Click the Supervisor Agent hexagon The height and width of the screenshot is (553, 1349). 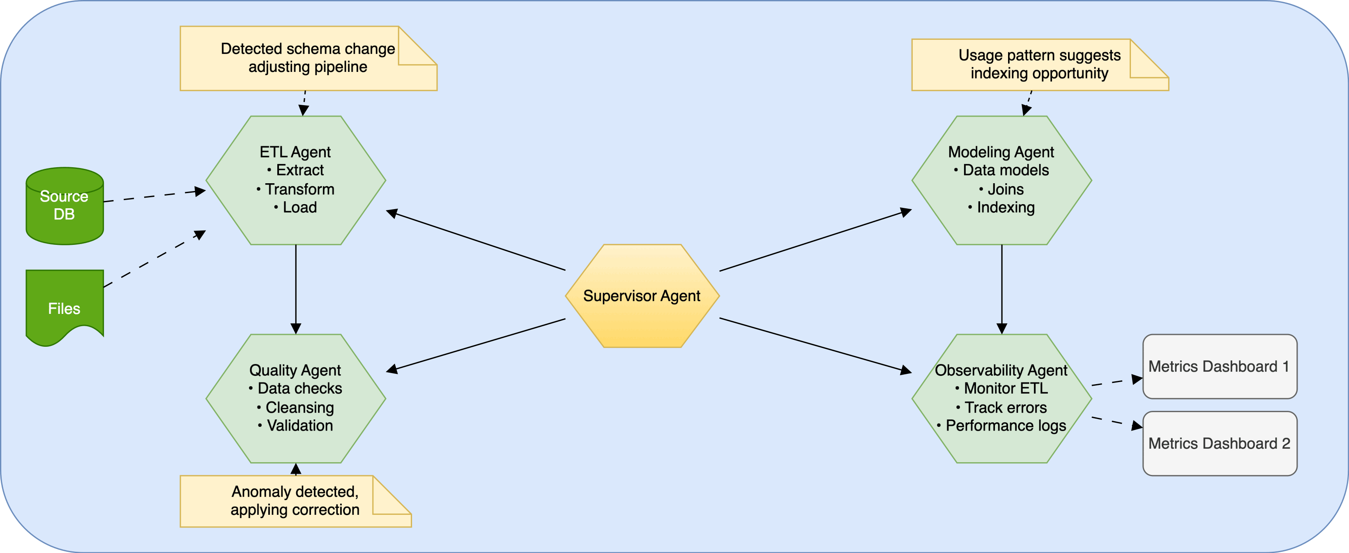pyautogui.click(x=642, y=296)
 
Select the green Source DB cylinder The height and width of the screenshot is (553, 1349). pyautogui.click(x=64, y=206)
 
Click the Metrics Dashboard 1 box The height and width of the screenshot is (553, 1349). pyautogui.click(x=1219, y=366)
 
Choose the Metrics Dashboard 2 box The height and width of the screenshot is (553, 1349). pyautogui.click(x=1219, y=444)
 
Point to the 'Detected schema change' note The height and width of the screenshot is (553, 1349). pyautogui.click(x=308, y=58)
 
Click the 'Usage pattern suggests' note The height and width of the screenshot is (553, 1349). pyautogui.click(x=1040, y=65)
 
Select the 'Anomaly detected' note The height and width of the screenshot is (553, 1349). pyautogui.click(x=295, y=501)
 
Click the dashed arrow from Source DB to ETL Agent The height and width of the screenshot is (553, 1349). pyautogui.click(x=154, y=196)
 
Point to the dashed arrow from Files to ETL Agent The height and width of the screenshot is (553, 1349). pyautogui.click(x=154, y=259)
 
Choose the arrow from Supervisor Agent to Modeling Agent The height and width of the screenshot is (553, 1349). pyautogui.click(x=815, y=241)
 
